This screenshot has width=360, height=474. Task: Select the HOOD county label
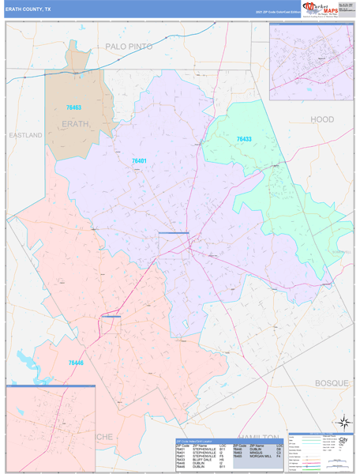(321, 118)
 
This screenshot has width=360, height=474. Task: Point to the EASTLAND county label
(25, 135)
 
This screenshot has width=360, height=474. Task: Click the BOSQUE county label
(331, 382)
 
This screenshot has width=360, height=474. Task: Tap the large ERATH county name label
(76, 124)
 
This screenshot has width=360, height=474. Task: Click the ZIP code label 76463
(74, 107)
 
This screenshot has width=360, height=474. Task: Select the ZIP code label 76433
(244, 139)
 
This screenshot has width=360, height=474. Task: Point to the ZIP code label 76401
(139, 161)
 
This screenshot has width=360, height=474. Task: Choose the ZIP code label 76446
(76, 362)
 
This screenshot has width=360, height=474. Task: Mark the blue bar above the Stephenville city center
(173, 233)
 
